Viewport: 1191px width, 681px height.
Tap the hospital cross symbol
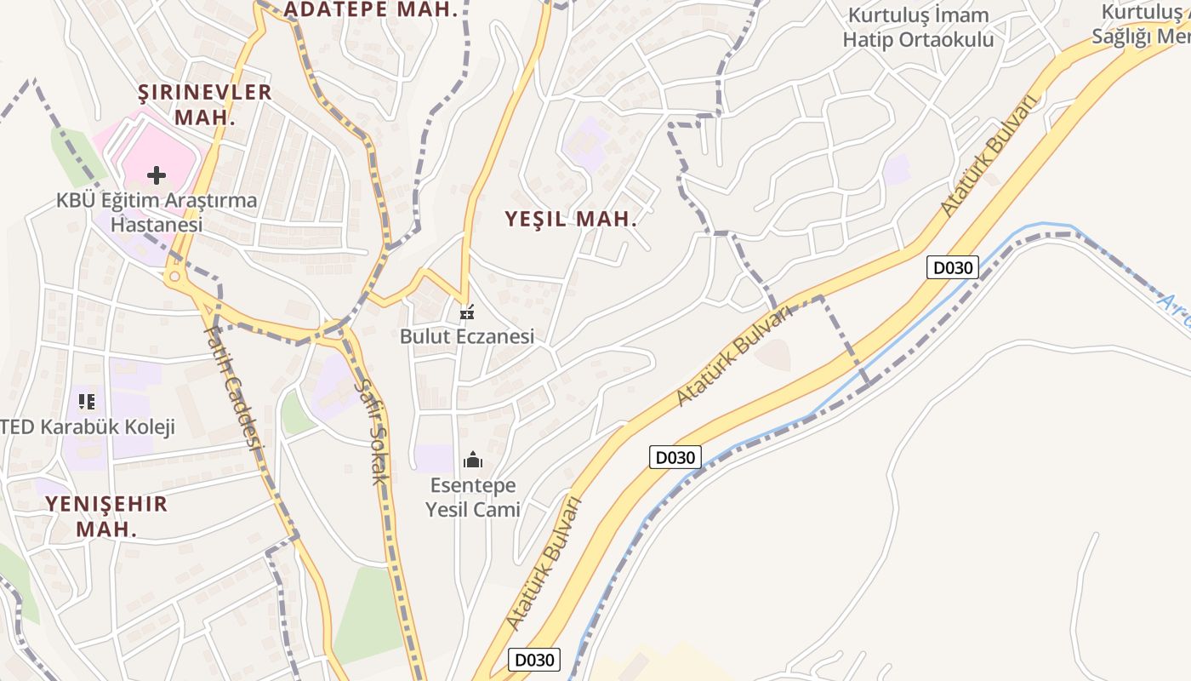coord(157,175)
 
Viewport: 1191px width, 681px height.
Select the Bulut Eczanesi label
coord(467,336)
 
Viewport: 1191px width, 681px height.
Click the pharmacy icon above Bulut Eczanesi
coord(466,312)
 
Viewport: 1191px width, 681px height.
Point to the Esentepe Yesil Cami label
coord(473,498)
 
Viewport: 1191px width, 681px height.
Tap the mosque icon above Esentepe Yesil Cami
coord(473,461)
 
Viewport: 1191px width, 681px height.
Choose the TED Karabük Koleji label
coord(88,426)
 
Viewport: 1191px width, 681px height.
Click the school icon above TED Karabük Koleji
coord(86,401)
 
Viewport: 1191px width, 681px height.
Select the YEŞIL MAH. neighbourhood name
coord(571,219)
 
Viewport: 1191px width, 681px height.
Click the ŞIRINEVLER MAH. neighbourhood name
coord(205,104)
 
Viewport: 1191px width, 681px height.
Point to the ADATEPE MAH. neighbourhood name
coord(371,10)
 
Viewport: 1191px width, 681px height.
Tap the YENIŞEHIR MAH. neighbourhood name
coord(106,516)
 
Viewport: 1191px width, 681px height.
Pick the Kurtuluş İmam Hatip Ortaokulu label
coord(918,27)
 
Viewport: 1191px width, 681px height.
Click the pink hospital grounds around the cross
coord(136,153)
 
